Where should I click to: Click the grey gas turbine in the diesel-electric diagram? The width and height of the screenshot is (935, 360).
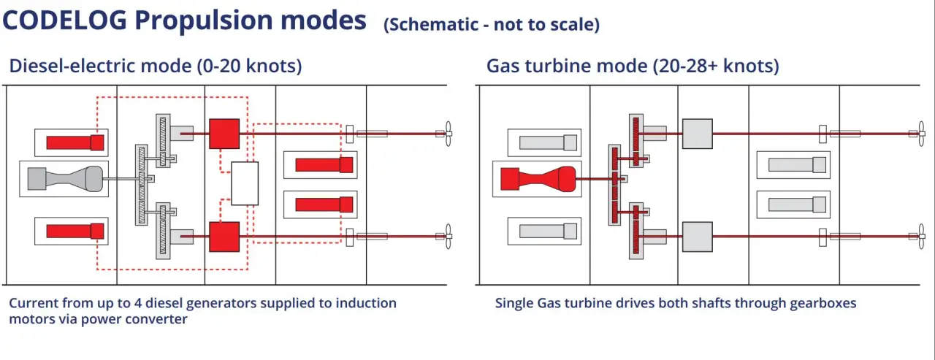coord(65,178)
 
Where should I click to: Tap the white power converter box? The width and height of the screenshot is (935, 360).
coord(245,183)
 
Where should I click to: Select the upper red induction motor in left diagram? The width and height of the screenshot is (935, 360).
coord(224,133)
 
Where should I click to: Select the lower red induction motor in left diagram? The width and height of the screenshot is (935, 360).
coord(224,236)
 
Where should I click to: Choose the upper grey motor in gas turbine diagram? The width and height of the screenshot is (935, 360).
coord(697,134)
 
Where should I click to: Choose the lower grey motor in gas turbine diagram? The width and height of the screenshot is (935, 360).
coord(697,236)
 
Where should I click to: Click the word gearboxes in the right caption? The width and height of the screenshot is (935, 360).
coord(822,303)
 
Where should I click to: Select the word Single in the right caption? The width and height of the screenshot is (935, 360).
coord(515,303)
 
